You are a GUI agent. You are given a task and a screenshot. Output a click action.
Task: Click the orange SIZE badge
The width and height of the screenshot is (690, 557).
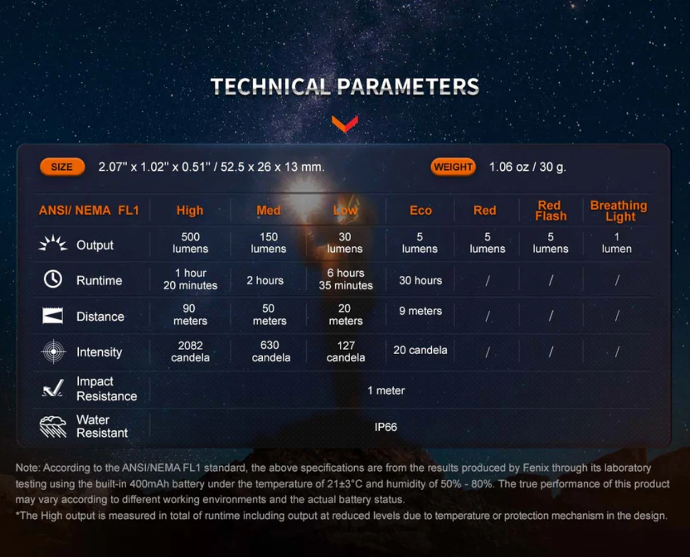click(x=62, y=167)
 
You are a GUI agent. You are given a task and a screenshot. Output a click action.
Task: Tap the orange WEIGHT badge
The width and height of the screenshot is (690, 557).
click(x=453, y=167)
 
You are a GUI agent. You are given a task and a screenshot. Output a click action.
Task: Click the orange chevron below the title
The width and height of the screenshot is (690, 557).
click(x=345, y=124)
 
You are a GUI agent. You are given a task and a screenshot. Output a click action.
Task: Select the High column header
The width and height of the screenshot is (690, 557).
click(x=190, y=211)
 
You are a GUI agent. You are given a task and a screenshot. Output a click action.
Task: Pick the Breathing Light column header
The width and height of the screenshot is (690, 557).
click(x=619, y=211)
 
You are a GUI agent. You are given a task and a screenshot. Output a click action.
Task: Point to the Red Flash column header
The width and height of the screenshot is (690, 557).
click(x=550, y=211)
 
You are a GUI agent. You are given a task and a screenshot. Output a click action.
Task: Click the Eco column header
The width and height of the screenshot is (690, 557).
click(x=421, y=211)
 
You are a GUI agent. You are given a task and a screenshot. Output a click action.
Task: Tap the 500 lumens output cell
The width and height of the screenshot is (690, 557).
click(x=190, y=243)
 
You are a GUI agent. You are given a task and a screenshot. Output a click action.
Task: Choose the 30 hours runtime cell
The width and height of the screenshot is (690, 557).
click(x=421, y=281)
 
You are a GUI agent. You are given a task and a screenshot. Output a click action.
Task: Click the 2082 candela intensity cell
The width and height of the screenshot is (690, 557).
click(x=190, y=352)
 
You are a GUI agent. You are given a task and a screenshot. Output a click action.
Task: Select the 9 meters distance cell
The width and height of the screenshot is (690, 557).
click(x=421, y=311)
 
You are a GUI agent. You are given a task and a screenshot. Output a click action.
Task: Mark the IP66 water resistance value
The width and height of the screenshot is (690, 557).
click(x=385, y=427)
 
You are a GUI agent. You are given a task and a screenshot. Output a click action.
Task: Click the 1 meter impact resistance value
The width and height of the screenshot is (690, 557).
click(x=386, y=390)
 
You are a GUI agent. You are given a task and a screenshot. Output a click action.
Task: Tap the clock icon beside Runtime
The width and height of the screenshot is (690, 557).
click(x=53, y=279)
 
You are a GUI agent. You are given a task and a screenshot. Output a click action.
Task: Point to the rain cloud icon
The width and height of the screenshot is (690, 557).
click(x=53, y=427)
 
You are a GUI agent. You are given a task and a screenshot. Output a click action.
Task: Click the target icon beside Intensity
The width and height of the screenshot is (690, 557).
click(x=54, y=352)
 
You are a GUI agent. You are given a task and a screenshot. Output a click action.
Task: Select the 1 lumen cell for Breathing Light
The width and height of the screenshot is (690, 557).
click(x=616, y=243)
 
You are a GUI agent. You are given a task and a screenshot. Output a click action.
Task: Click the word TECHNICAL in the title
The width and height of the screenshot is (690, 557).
click(x=271, y=86)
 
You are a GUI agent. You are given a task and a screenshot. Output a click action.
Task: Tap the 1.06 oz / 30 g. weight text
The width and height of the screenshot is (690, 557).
click(x=527, y=167)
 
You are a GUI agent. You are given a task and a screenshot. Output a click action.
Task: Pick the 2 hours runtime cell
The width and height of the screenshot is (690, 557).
click(x=265, y=281)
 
